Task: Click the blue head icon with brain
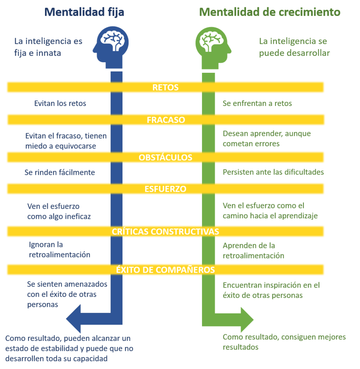[112, 46]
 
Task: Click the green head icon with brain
[211, 46]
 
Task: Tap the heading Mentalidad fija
[84, 12]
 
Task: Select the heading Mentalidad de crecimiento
[270, 12]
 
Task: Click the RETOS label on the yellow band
[166, 88]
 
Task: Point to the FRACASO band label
[166, 120]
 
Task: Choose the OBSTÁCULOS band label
[166, 157]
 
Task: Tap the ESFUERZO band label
[166, 189]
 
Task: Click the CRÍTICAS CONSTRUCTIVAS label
[166, 231]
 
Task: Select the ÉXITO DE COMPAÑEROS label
[166, 270]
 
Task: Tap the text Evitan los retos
[60, 104]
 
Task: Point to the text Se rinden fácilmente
[60, 172]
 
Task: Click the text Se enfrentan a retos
[257, 104]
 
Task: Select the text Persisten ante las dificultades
[273, 172]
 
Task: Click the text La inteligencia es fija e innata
[48, 47]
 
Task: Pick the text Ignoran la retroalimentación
[59, 249]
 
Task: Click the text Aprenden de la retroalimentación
[253, 251]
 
